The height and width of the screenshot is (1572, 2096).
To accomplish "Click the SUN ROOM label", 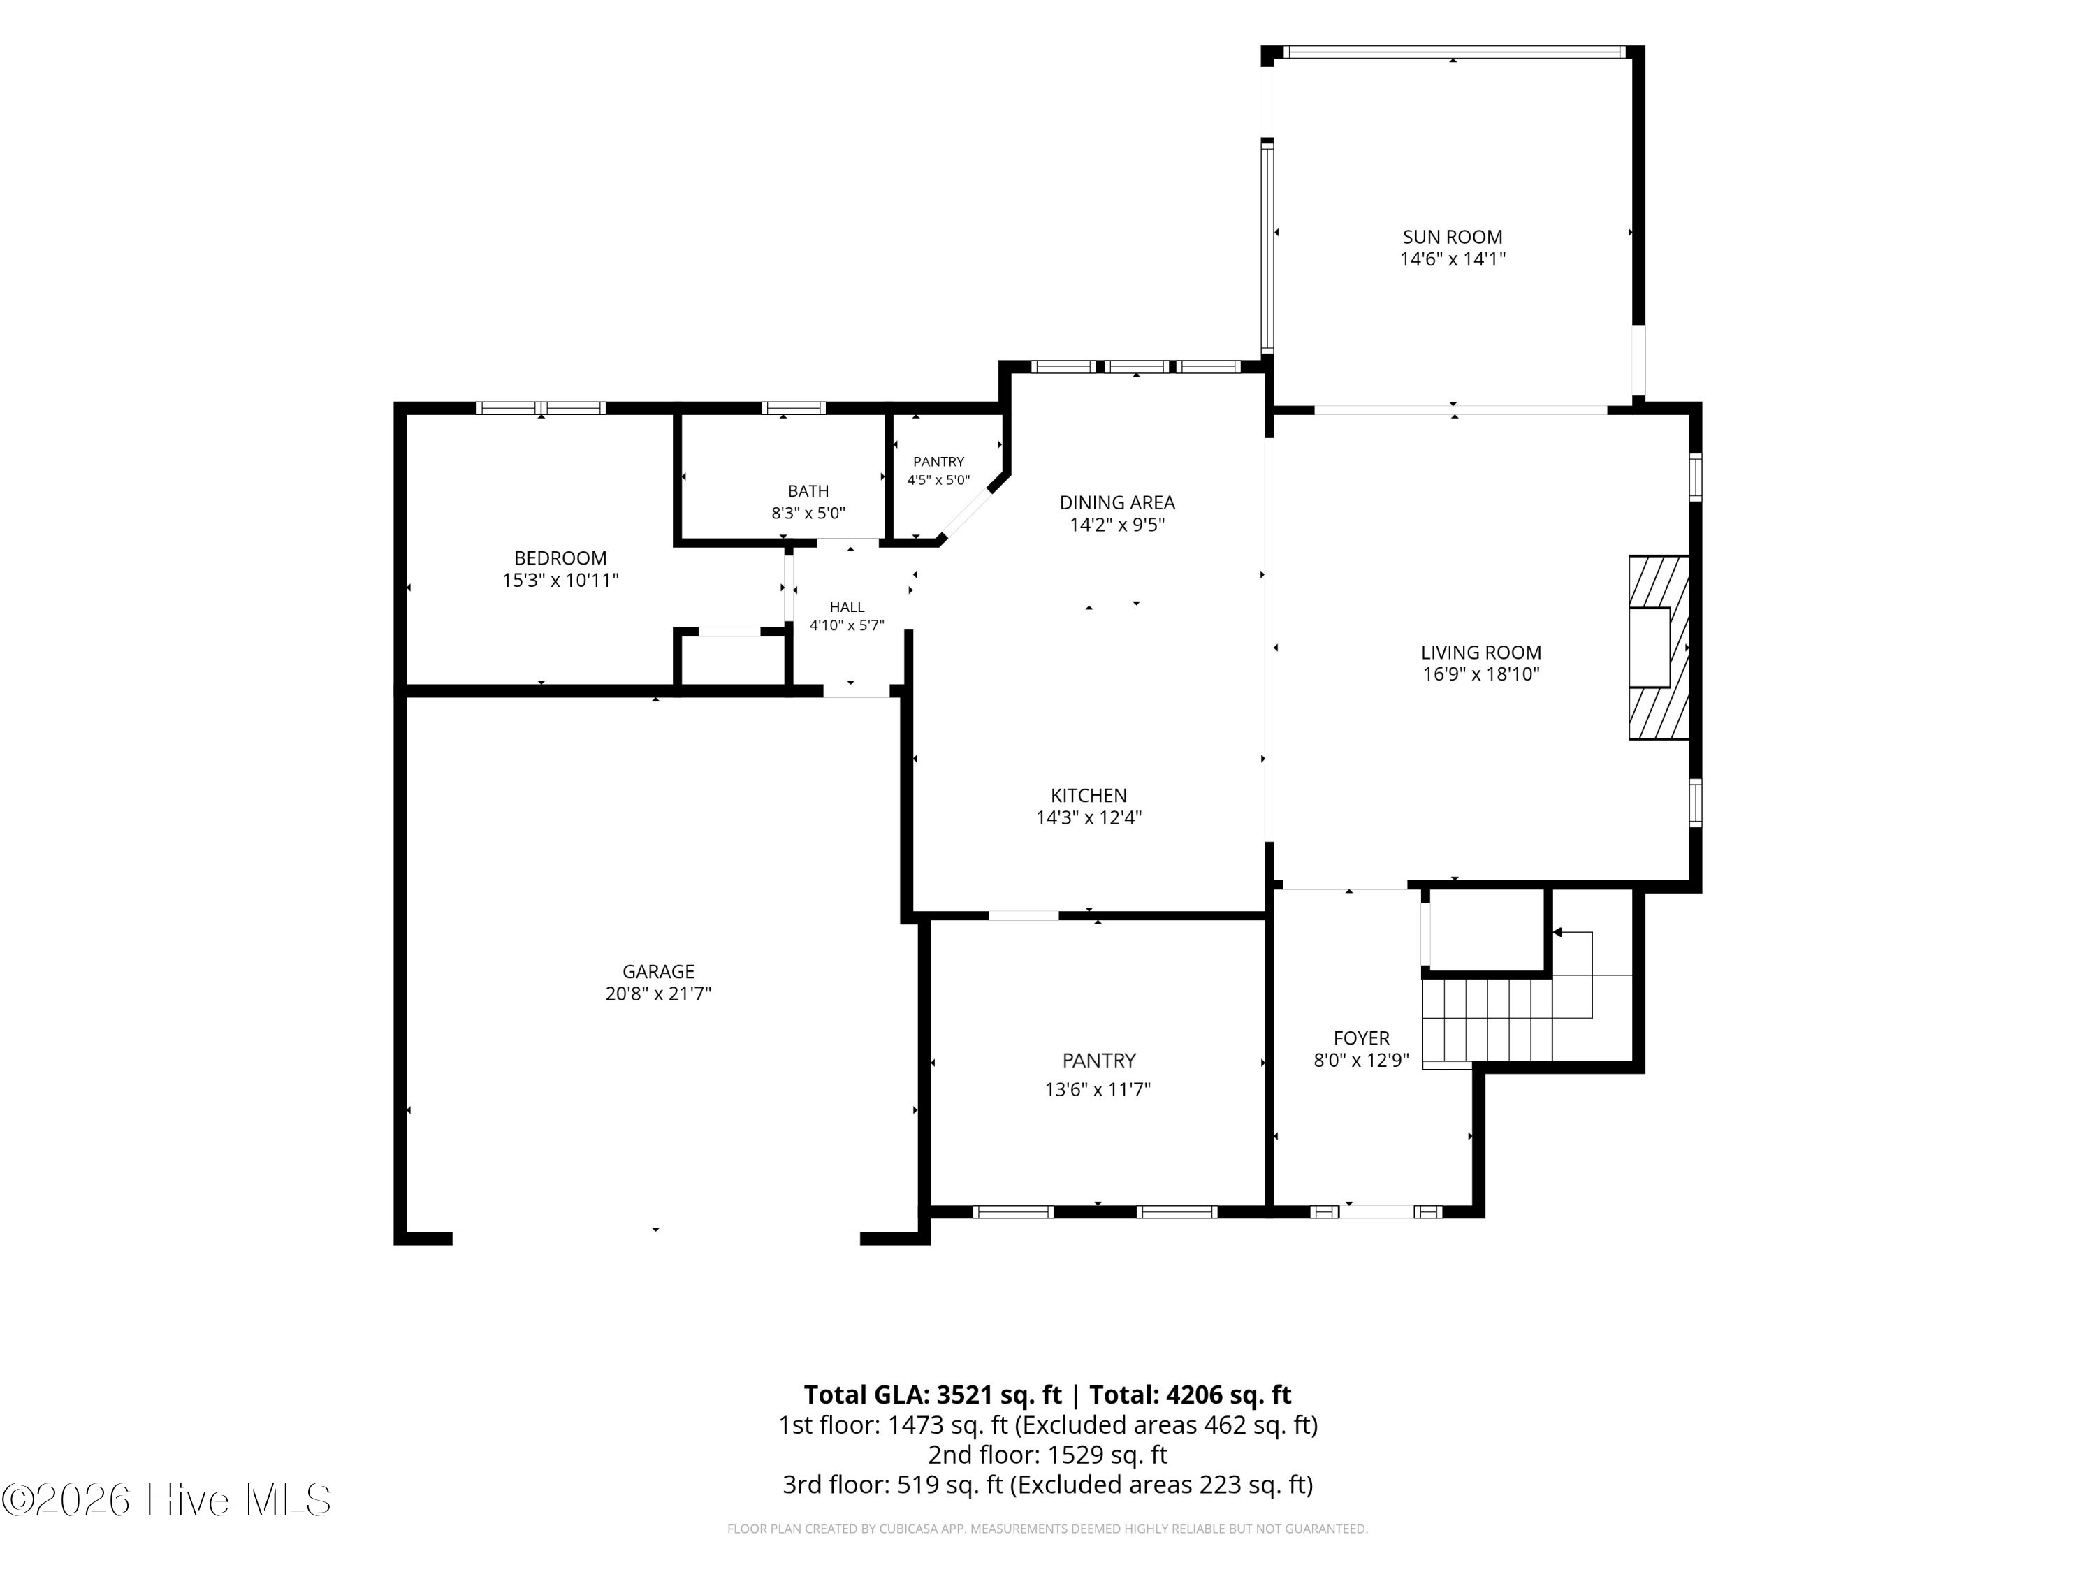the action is [1453, 237].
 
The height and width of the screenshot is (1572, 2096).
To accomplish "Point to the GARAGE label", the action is [659, 971].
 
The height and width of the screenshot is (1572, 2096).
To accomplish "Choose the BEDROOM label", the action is [560, 558].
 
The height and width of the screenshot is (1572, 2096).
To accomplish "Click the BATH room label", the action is [808, 491].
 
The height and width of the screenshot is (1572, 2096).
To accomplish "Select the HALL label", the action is [847, 607].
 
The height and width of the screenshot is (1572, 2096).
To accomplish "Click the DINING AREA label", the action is [1117, 502].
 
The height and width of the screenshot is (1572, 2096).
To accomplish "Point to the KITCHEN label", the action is [1089, 796].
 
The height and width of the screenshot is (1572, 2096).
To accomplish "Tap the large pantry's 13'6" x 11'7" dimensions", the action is [1098, 1090].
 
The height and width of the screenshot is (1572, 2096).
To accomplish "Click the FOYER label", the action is [1362, 1038].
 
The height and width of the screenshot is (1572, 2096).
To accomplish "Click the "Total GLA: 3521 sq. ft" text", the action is [933, 1395].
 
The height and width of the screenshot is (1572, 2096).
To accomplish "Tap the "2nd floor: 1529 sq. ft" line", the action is [1048, 1455].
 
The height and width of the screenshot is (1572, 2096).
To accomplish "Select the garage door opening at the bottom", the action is [656, 1232].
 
